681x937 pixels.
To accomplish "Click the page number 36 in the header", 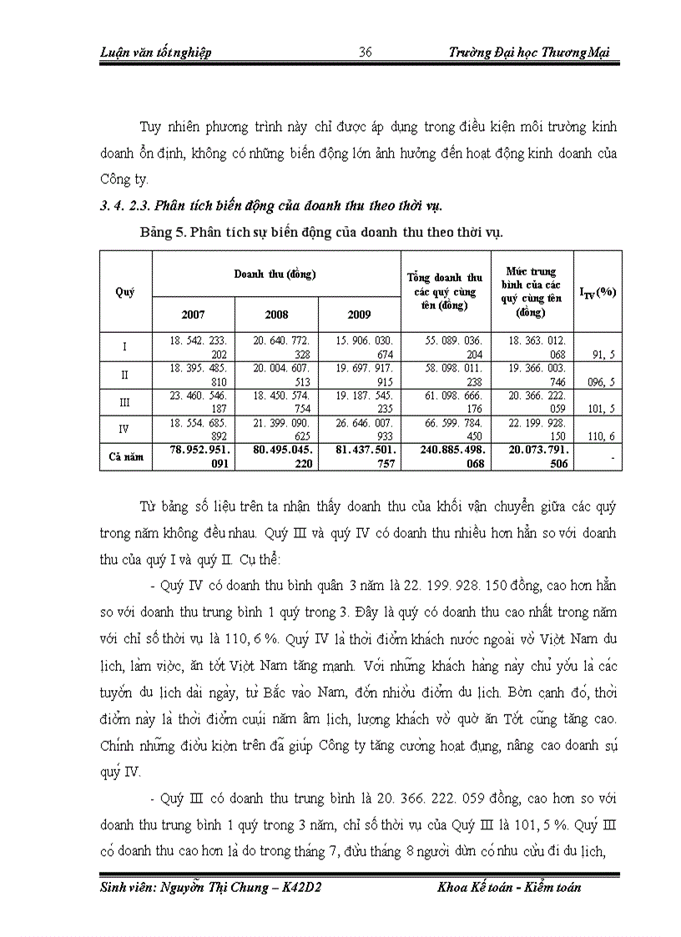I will tap(365, 53).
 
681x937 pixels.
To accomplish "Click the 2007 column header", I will tap(193, 315).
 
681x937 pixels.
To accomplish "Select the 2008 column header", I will tap(276, 315).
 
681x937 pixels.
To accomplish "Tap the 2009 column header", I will tap(360, 315).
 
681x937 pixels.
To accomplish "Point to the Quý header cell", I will tap(125, 292).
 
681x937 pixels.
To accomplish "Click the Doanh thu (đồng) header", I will tap(276, 273).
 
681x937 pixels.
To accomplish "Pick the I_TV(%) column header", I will tap(598, 292).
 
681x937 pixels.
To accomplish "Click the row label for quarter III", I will tap(125, 403).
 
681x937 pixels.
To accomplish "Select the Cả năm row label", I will tap(125, 458).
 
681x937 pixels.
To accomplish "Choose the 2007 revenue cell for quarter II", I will tap(194, 374).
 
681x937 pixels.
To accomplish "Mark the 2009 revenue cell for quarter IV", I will tap(360, 429).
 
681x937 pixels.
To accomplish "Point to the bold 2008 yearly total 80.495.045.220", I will tap(276, 458).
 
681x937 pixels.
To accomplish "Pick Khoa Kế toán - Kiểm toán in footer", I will tap(509, 887).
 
